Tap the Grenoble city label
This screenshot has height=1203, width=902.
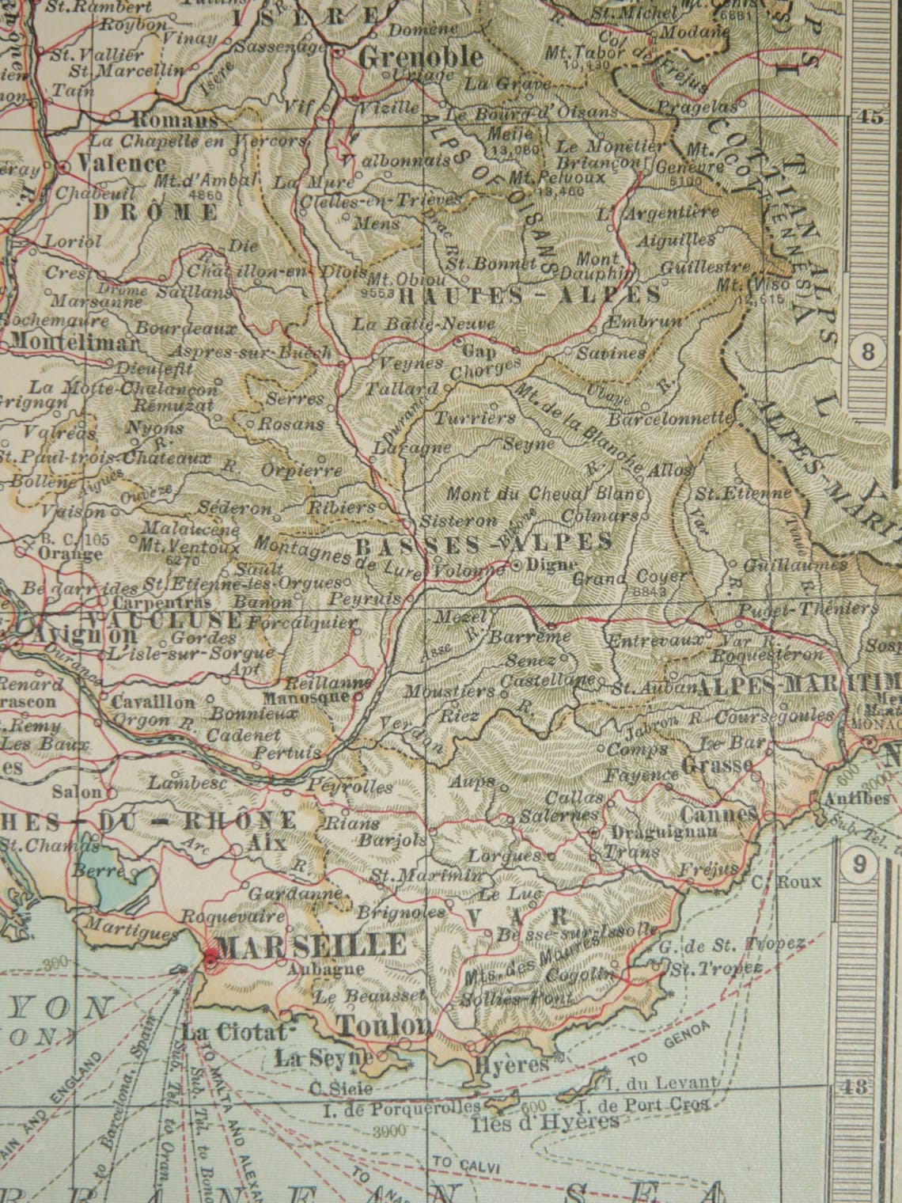[420, 57]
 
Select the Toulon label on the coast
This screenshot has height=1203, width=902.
[385, 1025]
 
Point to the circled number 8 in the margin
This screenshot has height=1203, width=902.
[869, 351]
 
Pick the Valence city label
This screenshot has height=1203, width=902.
[123, 164]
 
